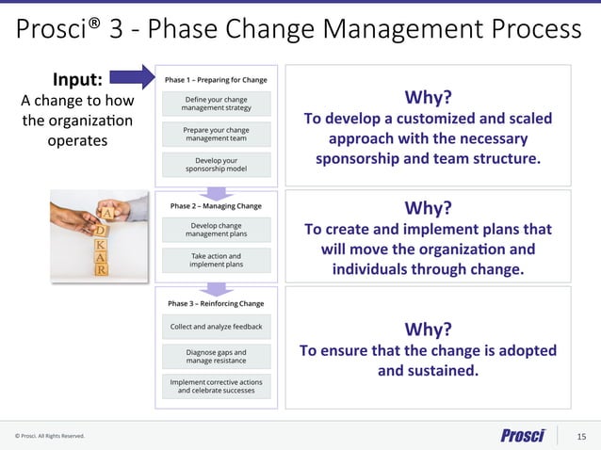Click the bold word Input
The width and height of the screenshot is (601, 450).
point(77,79)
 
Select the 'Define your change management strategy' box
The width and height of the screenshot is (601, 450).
point(217,104)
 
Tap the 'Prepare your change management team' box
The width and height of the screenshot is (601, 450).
point(217,134)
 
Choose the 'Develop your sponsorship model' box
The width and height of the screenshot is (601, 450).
point(217,165)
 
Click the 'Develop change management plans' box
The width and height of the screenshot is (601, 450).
point(217,230)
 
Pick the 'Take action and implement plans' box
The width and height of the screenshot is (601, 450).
point(217,260)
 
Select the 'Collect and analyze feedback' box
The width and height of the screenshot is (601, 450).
point(217,327)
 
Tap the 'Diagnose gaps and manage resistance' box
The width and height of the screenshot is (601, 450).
point(217,356)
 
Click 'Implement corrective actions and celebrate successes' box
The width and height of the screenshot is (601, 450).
point(217,386)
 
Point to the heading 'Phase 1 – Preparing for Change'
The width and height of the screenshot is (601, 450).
point(216,79)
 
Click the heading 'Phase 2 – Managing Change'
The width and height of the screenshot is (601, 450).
point(216,204)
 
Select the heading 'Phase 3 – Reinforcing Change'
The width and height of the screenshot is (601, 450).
point(216,303)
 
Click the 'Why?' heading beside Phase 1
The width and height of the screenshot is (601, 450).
point(428,98)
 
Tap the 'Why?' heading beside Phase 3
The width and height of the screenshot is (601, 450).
point(428,329)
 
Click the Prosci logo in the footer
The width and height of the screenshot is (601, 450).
point(522,435)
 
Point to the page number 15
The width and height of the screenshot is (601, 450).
point(581,435)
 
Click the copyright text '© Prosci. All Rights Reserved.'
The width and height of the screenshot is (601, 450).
point(49,436)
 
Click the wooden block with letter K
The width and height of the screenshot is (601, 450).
point(100,244)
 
